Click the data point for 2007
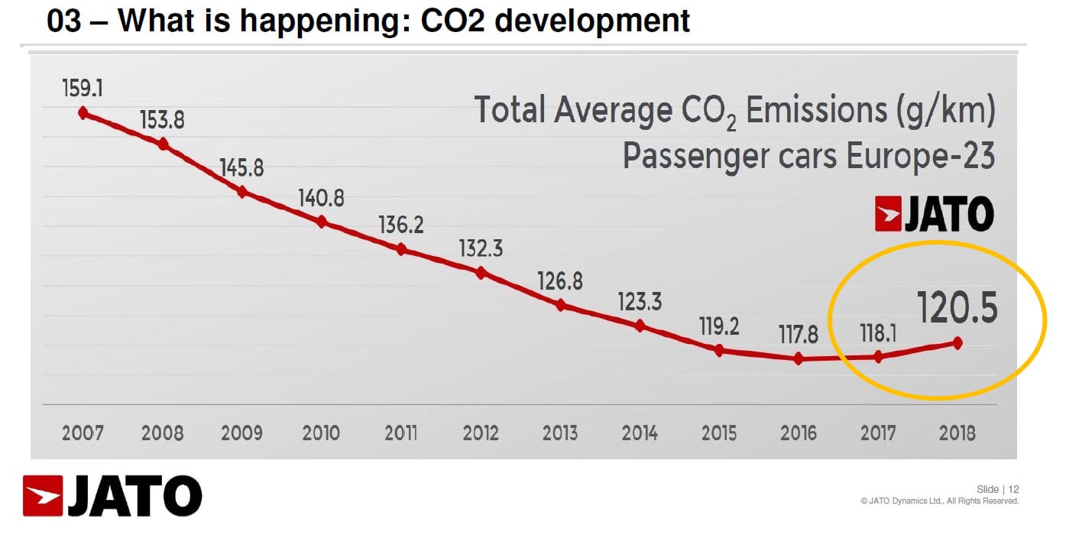click(83, 113)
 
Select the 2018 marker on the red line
click(957, 343)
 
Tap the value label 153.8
click(162, 121)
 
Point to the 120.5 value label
click(957, 309)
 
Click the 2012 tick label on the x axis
click(481, 433)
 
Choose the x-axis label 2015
click(719, 433)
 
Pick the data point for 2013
click(560, 305)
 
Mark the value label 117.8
click(799, 334)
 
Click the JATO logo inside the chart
click(934, 214)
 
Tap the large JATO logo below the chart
click(112, 495)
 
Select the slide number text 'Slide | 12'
click(998, 489)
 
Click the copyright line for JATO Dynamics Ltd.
click(939, 501)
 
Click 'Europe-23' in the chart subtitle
click(921, 156)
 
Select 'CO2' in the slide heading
click(451, 21)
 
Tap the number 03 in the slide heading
click(65, 21)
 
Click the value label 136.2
click(401, 225)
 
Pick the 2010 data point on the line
click(322, 222)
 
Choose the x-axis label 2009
click(242, 433)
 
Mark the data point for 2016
click(799, 358)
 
